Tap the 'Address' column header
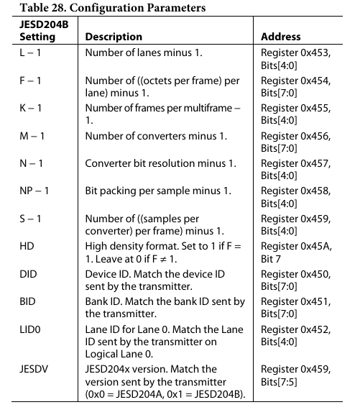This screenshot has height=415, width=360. tap(280, 36)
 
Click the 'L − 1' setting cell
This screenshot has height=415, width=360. tap(30, 53)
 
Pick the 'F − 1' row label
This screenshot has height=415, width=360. tap(30, 81)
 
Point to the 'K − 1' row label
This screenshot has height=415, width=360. tap(31, 108)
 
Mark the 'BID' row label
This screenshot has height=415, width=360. tap(27, 304)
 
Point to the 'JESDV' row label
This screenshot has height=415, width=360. tap(33, 370)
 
